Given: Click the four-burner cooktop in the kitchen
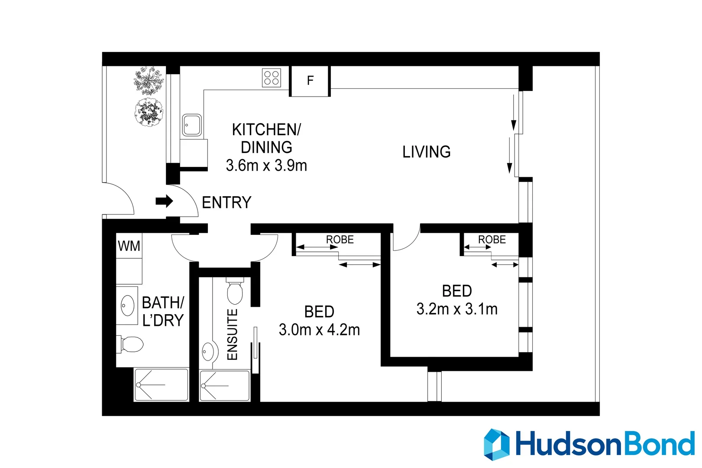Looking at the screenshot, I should (x=272, y=78).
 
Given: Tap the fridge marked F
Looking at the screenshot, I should (x=310, y=81).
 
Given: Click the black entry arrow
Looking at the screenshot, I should (x=164, y=201).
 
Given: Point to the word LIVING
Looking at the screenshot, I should (x=426, y=152).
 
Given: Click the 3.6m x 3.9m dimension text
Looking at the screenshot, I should (x=266, y=166).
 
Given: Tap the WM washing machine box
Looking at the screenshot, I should (x=129, y=246).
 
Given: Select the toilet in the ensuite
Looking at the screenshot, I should (x=235, y=291).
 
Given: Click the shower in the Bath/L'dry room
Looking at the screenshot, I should (x=161, y=385).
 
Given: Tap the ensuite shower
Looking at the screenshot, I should (x=224, y=386).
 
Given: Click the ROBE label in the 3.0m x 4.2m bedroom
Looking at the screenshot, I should (x=340, y=240).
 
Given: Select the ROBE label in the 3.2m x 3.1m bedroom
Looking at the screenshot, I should (x=492, y=240).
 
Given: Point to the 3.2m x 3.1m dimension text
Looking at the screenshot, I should (x=457, y=309).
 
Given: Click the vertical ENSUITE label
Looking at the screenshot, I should (x=233, y=335).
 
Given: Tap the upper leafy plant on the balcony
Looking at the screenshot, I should (x=149, y=81).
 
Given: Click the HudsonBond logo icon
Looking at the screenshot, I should (x=496, y=444).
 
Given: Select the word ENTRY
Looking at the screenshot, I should (x=226, y=203).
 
